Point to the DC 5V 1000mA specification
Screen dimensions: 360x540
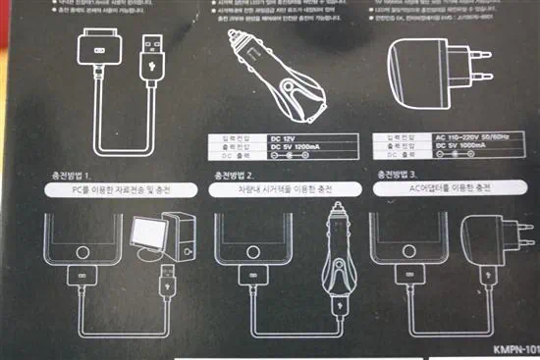[x=452, y=148]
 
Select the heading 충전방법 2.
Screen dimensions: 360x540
[x=236, y=176]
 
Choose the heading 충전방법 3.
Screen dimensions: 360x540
[x=400, y=176]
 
